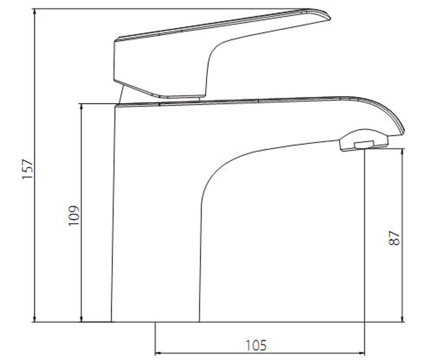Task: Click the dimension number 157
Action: [28, 168]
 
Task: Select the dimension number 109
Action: [74, 216]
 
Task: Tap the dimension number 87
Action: [394, 238]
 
